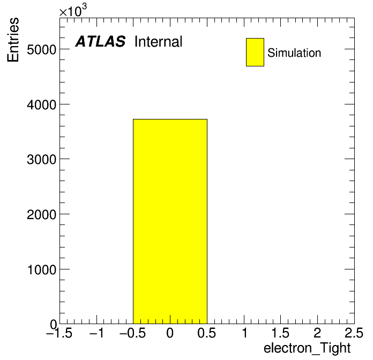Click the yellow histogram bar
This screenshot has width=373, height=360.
[170, 221]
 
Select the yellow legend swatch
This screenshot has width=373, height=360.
[255, 52]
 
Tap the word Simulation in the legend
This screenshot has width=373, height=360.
[294, 53]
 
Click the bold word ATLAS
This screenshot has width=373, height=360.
[100, 41]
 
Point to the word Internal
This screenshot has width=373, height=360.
[159, 42]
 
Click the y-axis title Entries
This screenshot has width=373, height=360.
[13, 40]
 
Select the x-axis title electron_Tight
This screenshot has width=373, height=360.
[307, 348]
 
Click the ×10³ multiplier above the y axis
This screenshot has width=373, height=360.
[73, 10]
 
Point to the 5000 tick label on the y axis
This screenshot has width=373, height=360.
[41, 50]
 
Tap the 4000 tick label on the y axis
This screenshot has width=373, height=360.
[41, 104]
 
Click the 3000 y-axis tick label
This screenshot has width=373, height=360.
[41, 160]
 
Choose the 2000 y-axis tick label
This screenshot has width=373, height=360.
[41, 215]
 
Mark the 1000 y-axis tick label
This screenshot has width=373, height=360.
[42, 270]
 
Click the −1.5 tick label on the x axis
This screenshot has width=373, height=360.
[59, 333]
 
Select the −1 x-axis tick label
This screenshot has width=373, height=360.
[96, 333]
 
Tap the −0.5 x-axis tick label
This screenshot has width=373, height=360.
[132, 333]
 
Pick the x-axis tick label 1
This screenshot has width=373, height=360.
[244, 333]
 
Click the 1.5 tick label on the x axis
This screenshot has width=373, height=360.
[280, 333]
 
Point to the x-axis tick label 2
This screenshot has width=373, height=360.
[317, 333]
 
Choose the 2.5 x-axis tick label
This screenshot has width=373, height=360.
[354, 333]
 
